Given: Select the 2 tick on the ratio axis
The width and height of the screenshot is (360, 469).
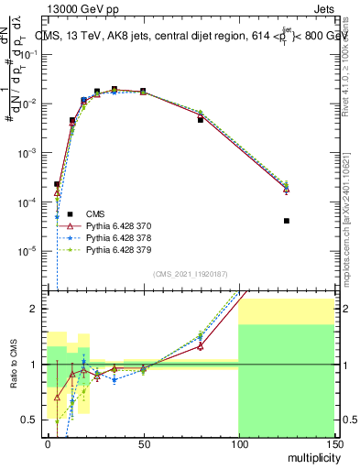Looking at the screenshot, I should [38, 309].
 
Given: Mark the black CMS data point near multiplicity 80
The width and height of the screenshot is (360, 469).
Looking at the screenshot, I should [201, 120].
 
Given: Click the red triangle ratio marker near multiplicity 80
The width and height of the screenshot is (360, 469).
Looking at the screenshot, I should [201, 346].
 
